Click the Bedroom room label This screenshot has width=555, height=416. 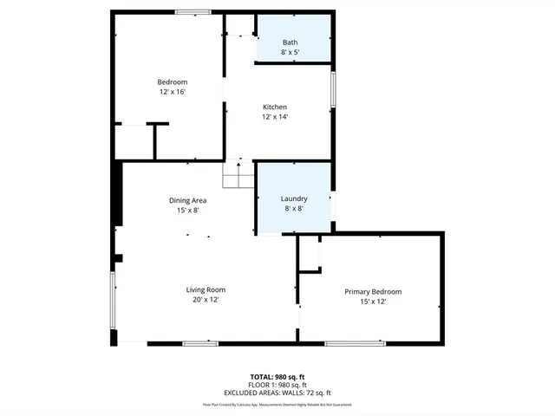(172, 82)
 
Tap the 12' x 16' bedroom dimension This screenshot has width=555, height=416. (172, 92)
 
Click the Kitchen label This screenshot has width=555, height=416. (275, 107)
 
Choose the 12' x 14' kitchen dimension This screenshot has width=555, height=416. (275, 117)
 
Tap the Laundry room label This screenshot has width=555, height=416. (294, 198)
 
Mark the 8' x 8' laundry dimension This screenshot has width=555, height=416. (294, 208)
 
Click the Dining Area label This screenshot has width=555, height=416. (187, 200)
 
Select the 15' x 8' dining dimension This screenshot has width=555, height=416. (187, 210)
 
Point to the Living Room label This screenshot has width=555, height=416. (206, 289)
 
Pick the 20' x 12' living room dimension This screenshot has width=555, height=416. (206, 299)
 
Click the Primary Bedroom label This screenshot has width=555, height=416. (373, 292)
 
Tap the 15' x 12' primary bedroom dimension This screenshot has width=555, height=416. (373, 302)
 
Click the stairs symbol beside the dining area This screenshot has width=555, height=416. (238, 176)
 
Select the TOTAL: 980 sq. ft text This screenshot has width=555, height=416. (277, 376)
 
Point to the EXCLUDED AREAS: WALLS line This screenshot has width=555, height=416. (277, 393)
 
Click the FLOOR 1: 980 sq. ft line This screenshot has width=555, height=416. (277, 385)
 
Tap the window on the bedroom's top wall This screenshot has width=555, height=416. (193, 12)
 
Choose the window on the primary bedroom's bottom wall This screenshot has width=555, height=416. (356, 344)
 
